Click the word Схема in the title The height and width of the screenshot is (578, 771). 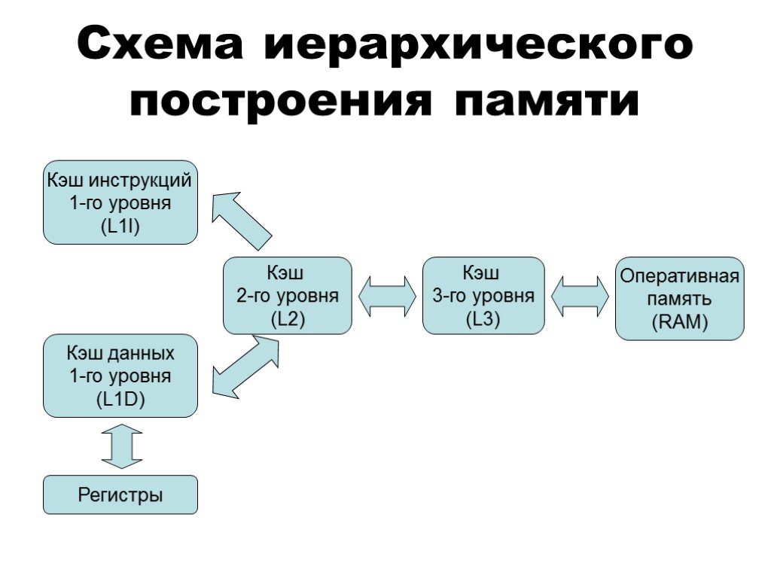(x=160, y=46)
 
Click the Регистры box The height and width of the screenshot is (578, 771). (x=120, y=495)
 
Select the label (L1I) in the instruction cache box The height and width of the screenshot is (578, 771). (x=120, y=227)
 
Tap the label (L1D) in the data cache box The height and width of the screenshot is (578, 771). (x=120, y=400)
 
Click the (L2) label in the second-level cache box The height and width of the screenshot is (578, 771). (x=288, y=319)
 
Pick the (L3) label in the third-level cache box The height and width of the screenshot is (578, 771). (x=483, y=319)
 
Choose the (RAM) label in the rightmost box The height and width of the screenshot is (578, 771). (x=680, y=323)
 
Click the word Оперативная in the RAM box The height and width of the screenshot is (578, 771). (x=680, y=275)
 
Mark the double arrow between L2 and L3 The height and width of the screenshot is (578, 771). (x=387, y=296)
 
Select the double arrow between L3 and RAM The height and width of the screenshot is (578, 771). (x=580, y=296)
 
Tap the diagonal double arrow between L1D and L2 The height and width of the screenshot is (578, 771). (x=245, y=367)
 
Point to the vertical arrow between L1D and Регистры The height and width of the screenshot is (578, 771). (x=120, y=446)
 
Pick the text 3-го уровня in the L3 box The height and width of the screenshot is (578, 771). (x=483, y=296)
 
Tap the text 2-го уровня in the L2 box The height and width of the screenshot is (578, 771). (x=288, y=296)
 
